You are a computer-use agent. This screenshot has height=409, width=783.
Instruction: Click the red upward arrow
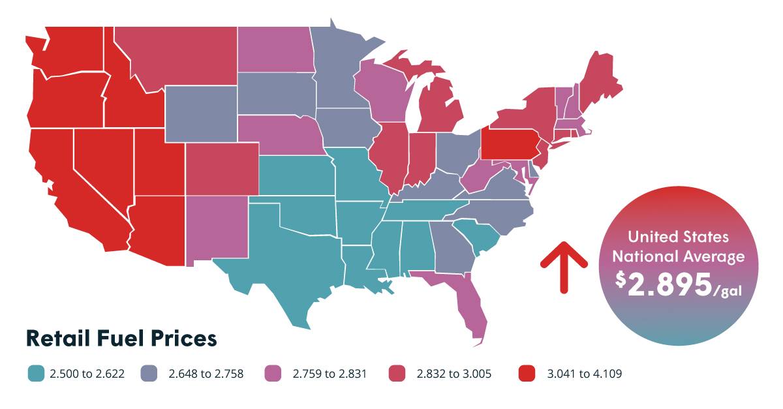[564, 267]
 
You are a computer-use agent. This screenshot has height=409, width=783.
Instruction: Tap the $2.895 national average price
[664, 284]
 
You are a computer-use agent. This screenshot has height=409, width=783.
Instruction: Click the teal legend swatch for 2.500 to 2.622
[36, 373]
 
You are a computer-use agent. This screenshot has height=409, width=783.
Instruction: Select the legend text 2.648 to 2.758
[206, 374]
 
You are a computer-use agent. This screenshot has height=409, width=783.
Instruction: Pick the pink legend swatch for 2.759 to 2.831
[273, 373]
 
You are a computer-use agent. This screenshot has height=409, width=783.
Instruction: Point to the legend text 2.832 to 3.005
[453, 374]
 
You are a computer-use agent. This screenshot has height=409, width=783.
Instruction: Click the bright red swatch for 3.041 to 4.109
[527, 373]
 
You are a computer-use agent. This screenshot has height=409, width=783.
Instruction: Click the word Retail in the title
[57, 339]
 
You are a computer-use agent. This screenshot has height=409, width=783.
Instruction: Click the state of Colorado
[223, 169]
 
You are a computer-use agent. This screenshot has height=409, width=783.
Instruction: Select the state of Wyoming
[201, 114]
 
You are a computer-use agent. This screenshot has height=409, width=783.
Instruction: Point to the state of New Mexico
[217, 229]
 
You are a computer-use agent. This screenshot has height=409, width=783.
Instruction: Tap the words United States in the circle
[678, 237]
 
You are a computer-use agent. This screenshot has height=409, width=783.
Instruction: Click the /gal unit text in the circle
[728, 291]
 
